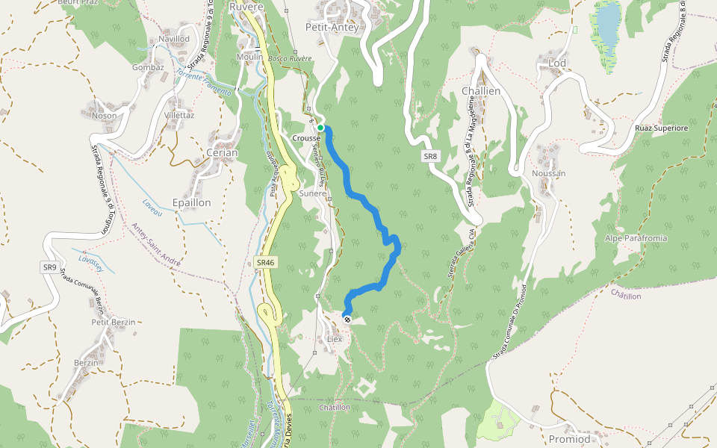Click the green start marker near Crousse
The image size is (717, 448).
320,128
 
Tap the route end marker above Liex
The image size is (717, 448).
347,319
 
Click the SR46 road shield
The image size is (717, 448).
265,263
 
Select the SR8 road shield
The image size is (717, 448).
429,156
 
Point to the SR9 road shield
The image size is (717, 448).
49,267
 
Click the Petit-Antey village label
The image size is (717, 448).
332,28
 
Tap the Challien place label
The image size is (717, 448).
480,91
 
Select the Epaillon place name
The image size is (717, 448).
191,202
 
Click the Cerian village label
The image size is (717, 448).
222,153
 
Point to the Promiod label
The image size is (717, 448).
569,439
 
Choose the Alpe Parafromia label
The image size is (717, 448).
636,238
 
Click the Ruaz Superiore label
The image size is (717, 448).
661,128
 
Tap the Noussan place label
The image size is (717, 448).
549,173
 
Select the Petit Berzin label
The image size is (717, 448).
114,322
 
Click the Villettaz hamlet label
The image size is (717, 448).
179,116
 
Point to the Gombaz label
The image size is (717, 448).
148,67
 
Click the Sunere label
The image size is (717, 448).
313,193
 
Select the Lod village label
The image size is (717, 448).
557,63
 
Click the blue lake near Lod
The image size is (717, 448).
607,22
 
